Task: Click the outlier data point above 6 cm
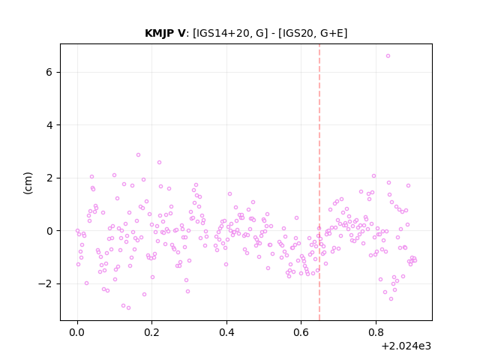[388, 55]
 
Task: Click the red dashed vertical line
[319, 182]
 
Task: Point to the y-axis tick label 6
[49, 72]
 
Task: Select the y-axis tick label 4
[49, 125]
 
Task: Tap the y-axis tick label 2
[49, 178]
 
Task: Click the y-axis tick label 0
[49, 231]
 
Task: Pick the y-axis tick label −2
[45, 283]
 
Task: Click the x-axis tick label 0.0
[77, 332]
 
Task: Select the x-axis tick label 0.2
[151, 332]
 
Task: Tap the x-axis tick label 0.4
[226, 332]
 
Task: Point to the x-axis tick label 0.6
[301, 332]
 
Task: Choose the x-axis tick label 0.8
[376, 332]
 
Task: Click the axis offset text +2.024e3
[406, 346]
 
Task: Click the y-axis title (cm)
[28, 183]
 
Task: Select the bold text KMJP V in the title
[165, 33]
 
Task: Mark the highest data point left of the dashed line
[138, 155]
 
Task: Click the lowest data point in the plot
[128, 307]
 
